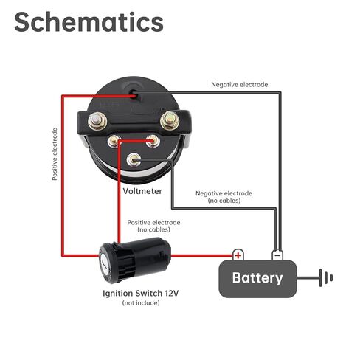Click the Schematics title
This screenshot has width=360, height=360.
[x=89, y=22]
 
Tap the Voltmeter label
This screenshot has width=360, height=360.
[x=142, y=191]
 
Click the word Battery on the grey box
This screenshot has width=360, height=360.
[x=257, y=278]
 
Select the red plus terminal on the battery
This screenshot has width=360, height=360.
[x=238, y=255]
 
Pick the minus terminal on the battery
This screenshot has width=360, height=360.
[x=277, y=255]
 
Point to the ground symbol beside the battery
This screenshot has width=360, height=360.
[x=326, y=278]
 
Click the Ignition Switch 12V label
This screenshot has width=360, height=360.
[x=141, y=293]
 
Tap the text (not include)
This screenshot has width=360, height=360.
[x=141, y=302]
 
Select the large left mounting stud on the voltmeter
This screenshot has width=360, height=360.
[x=97, y=121]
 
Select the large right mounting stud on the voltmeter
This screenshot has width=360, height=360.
[x=170, y=120]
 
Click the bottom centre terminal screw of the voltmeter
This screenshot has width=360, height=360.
[x=134, y=160]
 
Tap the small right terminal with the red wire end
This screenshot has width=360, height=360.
[x=153, y=141]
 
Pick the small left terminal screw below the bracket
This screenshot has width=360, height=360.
[x=114, y=141]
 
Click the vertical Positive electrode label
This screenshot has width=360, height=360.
[x=55, y=154]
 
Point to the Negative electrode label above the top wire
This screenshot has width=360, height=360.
[x=240, y=85]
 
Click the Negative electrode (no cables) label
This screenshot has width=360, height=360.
[x=224, y=197]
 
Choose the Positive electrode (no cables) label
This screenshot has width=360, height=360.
[x=153, y=226]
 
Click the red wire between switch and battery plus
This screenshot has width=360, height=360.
[x=201, y=256]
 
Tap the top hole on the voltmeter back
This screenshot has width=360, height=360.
[x=134, y=93]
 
